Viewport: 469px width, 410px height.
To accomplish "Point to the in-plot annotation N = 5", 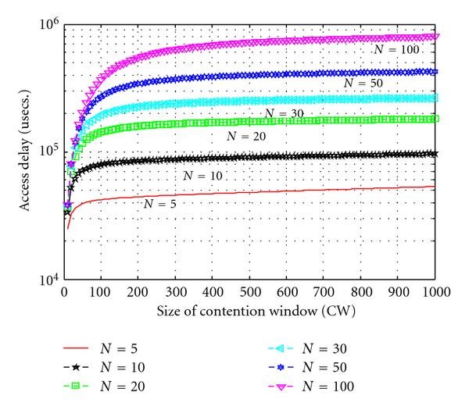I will pyautogui.click(x=163, y=204).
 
